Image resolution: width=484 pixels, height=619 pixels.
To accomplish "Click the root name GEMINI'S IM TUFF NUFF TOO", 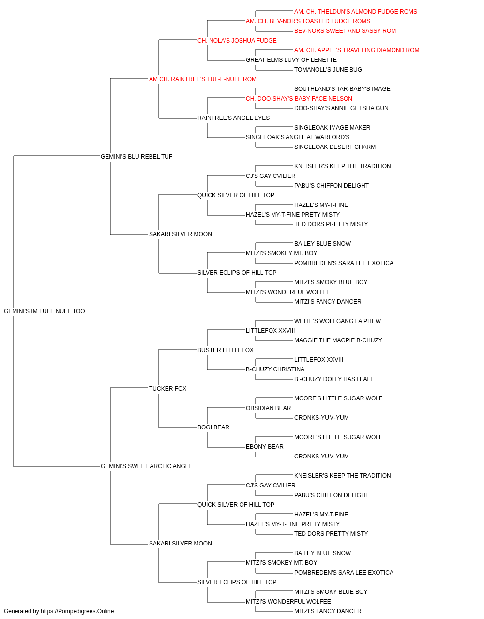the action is (x=44, y=311).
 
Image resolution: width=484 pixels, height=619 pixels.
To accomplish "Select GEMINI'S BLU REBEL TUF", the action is (x=136, y=156).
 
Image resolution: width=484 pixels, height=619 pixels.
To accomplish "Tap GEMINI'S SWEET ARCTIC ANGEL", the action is (x=146, y=466).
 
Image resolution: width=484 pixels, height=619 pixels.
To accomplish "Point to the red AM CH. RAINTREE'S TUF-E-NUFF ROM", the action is (x=203, y=79).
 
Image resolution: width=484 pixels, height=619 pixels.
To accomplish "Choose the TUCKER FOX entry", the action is (x=167, y=388).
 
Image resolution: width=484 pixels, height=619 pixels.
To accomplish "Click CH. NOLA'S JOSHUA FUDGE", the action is (x=237, y=41).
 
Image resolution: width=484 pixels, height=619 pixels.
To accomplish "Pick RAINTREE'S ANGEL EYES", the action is (x=233, y=118).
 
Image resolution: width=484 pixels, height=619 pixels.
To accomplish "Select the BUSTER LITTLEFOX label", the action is (x=226, y=350).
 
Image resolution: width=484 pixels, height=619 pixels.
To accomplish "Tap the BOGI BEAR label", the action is (x=213, y=427).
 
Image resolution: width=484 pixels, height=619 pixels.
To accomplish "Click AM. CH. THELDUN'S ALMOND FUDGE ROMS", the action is (x=355, y=12).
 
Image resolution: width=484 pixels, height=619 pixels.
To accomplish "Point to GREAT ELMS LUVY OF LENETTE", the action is (x=291, y=60).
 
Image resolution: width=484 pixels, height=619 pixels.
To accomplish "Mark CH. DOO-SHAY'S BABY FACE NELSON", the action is (x=299, y=99).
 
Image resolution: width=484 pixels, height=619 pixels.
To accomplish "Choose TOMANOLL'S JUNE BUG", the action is (x=328, y=70).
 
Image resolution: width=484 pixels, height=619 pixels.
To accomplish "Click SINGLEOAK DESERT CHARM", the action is (x=334, y=147).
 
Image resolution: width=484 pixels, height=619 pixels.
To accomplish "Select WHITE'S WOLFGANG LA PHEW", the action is (x=337, y=321).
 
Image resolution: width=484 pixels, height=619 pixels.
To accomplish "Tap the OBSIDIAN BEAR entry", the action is (x=268, y=408).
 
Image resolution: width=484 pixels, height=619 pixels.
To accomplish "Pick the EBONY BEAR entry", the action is (x=265, y=447).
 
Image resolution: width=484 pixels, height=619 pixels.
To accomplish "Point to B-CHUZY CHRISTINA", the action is (x=275, y=369).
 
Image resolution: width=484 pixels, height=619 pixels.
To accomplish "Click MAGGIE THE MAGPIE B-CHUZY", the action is (x=338, y=340).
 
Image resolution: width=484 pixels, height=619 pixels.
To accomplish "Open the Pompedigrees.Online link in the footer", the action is (x=77, y=611).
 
